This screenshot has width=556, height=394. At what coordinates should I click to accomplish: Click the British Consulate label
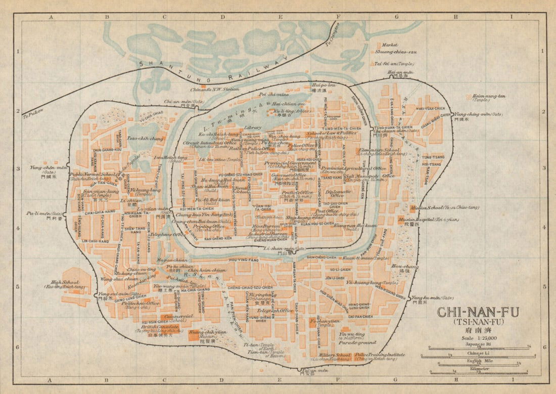pyautogui.click(x=152, y=326)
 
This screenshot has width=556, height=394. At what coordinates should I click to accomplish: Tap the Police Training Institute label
pyautogui.click(x=380, y=355)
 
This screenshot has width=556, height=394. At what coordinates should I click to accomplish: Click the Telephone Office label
pyautogui.click(x=166, y=235)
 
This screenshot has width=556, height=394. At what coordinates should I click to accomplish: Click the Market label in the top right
pyautogui.click(x=390, y=45)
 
